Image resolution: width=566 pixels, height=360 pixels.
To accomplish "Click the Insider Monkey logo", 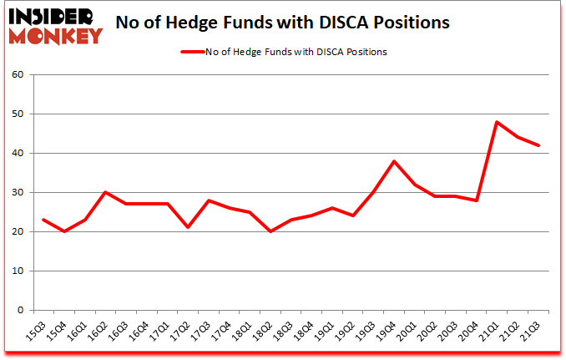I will click(55, 24).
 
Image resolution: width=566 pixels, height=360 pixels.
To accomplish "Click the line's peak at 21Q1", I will click(498, 122).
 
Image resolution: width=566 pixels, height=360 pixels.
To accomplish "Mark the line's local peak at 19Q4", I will click(392, 161).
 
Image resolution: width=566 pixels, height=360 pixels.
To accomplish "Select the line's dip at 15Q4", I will click(64, 231).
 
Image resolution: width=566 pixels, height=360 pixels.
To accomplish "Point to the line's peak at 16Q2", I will click(106, 192).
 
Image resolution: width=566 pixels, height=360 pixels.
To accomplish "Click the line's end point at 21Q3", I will click(539, 145).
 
